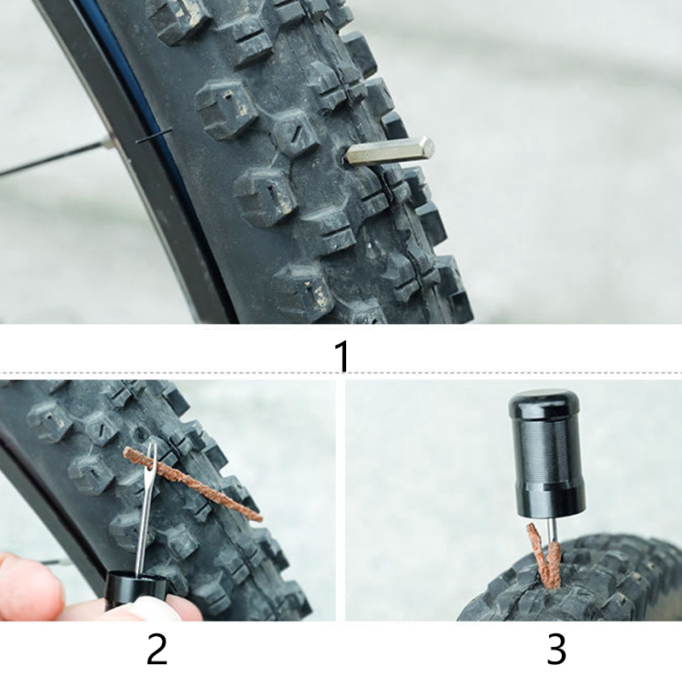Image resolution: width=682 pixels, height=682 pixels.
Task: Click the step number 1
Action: [x=343, y=355]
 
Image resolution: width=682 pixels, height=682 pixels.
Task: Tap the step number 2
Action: [x=157, y=648]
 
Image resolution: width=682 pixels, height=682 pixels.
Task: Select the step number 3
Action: [x=556, y=649]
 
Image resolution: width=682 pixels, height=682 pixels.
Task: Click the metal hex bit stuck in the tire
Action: [x=390, y=151]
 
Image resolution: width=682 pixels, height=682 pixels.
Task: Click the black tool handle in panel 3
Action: [x=537, y=453]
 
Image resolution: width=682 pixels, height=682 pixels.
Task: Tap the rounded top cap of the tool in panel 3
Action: [x=537, y=402]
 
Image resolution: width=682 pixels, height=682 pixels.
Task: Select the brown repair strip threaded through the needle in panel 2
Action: [x=194, y=484]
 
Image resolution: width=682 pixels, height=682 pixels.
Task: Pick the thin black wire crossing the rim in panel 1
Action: [x=153, y=136]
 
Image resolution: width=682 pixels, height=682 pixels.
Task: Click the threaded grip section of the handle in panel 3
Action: [x=538, y=448]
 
